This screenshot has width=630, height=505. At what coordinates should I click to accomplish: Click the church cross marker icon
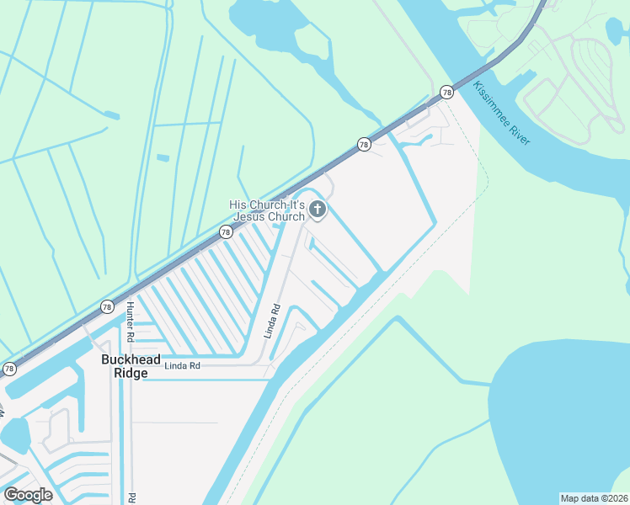(x=318, y=210)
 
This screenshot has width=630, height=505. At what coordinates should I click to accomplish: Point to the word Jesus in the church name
(x=250, y=217)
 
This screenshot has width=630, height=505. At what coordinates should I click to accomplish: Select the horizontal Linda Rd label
(x=182, y=366)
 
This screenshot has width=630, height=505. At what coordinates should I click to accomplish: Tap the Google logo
(x=28, y=494)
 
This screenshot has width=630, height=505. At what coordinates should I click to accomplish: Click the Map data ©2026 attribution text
(x=595, y=497)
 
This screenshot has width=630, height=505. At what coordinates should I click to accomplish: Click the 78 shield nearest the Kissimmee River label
(x=446, y=93)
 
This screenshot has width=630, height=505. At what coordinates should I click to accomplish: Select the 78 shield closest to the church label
(x=226, y=231)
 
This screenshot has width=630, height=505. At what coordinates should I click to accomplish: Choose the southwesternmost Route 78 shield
(x=9, y=369)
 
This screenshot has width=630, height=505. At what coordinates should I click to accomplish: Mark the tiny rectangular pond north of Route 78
(x=163, y=157)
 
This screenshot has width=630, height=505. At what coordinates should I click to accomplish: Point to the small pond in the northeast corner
(x=616, y=29)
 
